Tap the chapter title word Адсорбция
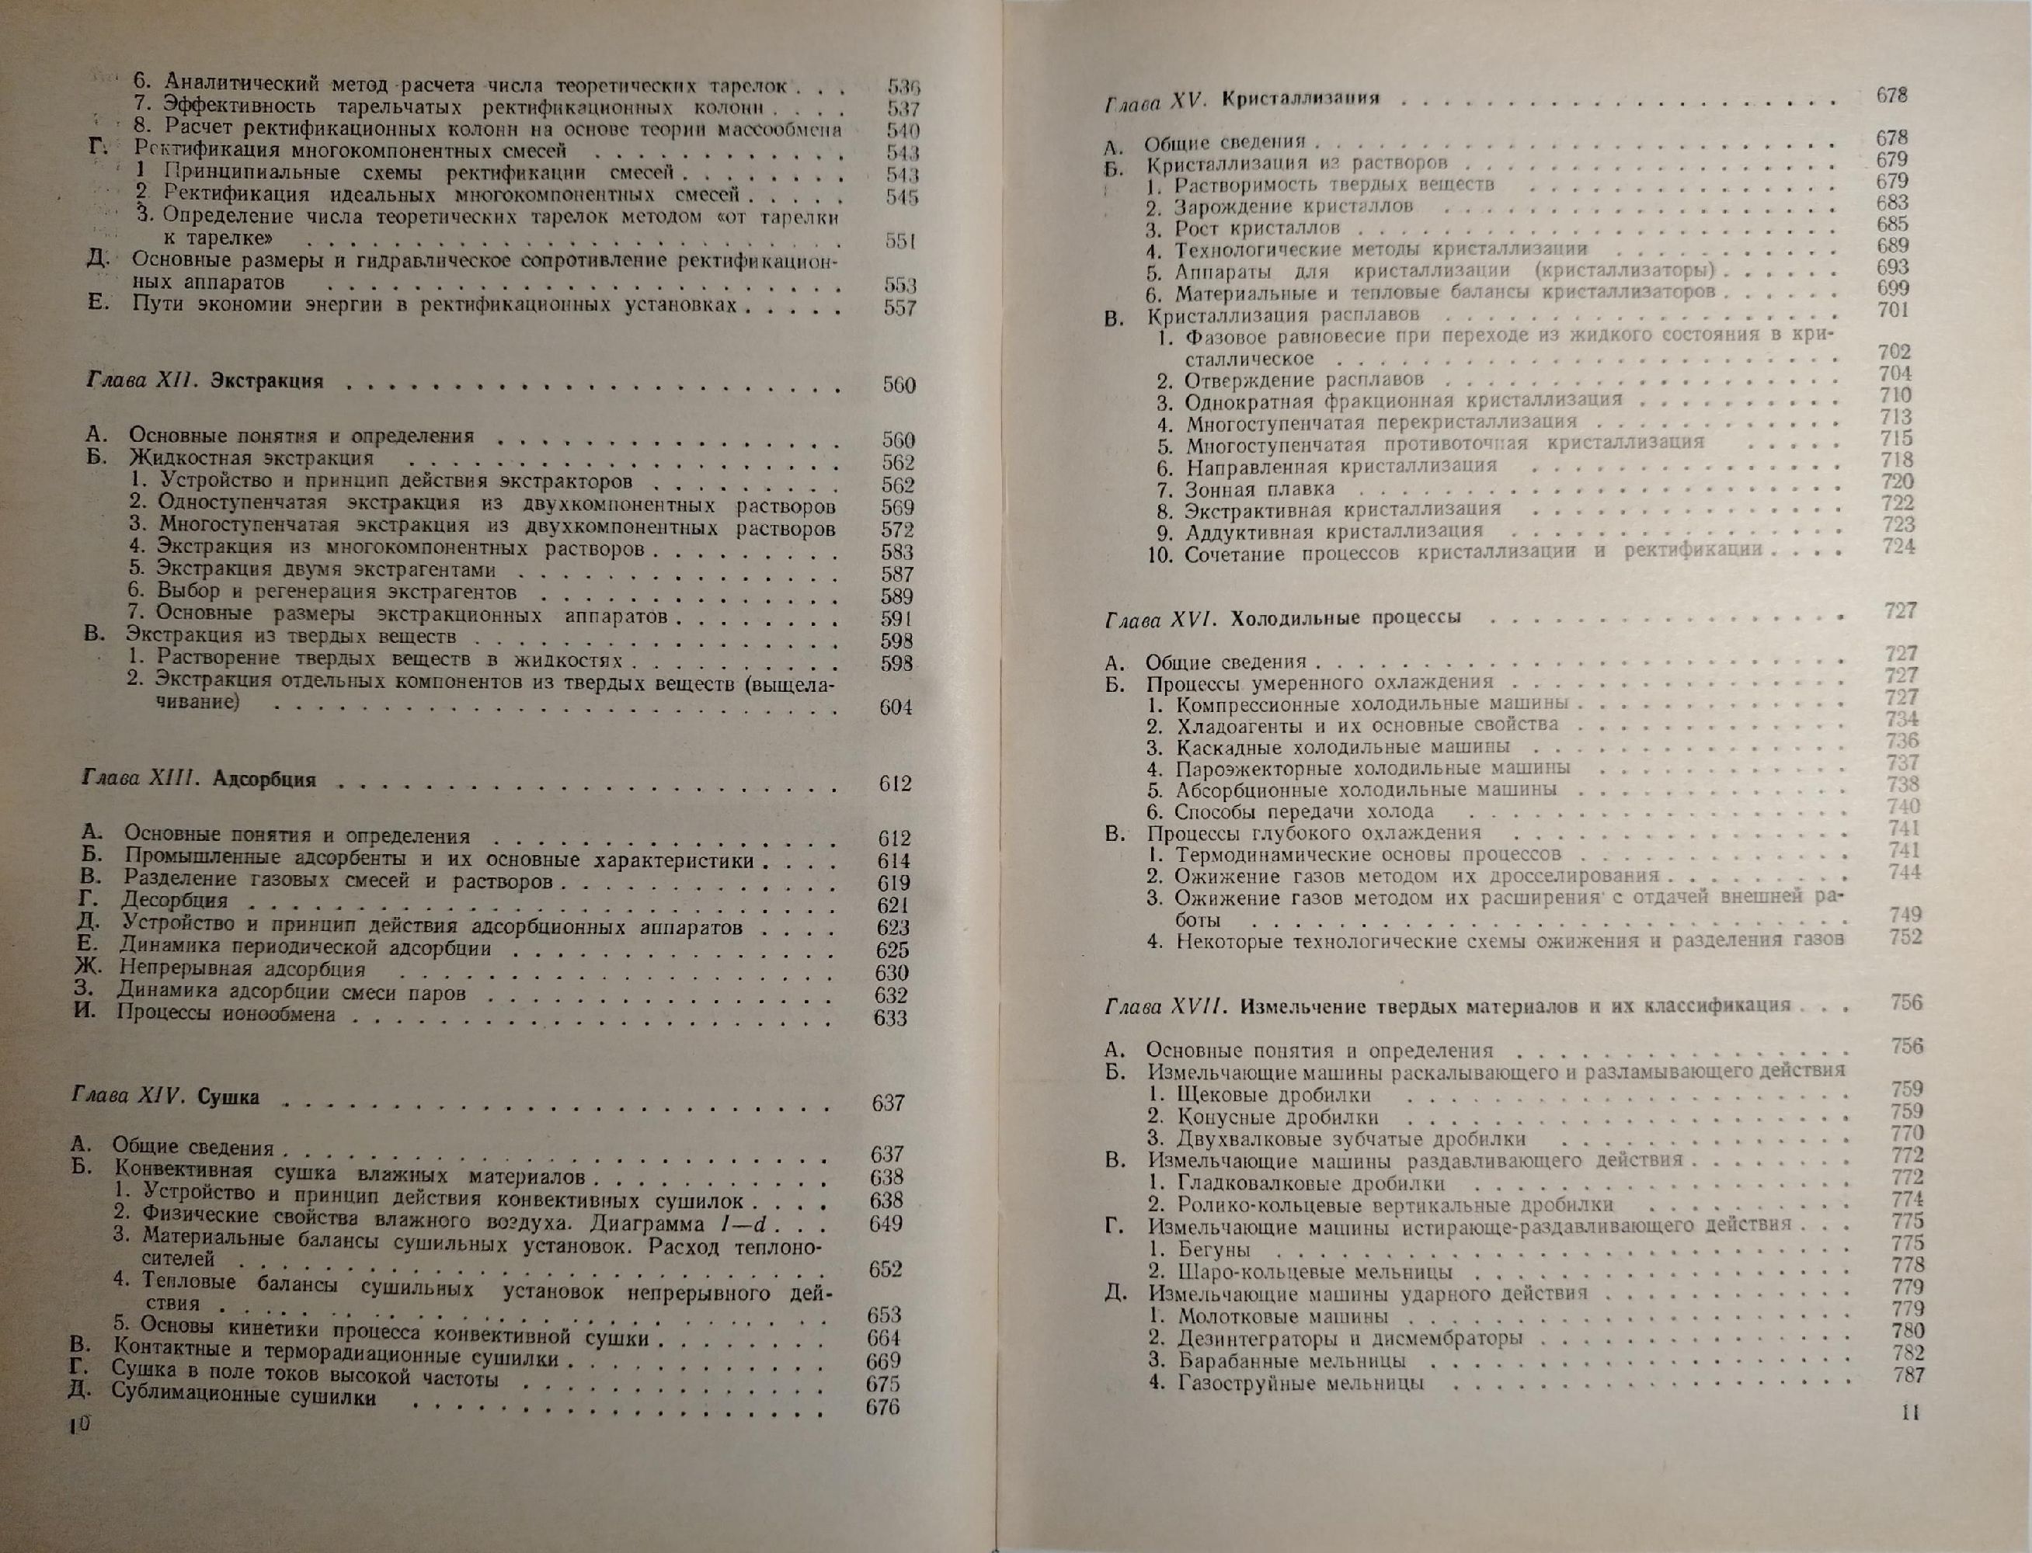point(264,780)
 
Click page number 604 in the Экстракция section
point(895,708)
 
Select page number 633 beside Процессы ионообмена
point(890,1018)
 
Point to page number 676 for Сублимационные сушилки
point(882,1408)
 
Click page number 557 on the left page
point(899,307)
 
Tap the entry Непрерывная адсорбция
point(242,970)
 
